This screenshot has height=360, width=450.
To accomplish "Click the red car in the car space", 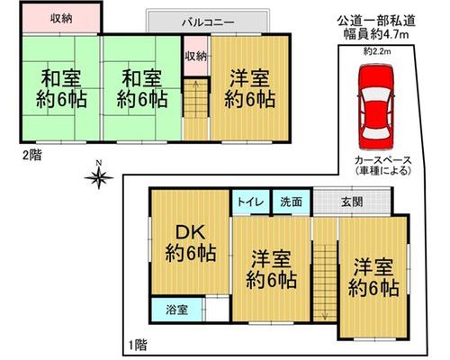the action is point(376,107).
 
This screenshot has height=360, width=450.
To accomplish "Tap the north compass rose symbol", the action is point(99,176).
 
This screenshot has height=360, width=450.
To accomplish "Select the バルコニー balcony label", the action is point(208,22).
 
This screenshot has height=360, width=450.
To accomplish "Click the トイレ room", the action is point(250,202).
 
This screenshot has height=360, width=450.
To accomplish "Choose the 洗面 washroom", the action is point(291,202).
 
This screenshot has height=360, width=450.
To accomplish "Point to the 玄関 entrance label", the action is point(352,202).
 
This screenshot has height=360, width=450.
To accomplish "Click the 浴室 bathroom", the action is point(177,310).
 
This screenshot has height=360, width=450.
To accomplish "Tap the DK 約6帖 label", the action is point(191,243).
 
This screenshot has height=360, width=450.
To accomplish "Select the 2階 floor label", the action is point(32,155).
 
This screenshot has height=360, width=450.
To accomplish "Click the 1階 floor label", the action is point(138,345).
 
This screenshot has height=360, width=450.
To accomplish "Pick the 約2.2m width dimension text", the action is point(377,51).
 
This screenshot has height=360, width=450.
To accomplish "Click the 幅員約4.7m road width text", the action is point(376,34).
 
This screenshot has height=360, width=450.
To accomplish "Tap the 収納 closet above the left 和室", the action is point(61,19).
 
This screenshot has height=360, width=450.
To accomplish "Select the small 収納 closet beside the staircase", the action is point(195,56).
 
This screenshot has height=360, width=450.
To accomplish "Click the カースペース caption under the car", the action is point(382,160).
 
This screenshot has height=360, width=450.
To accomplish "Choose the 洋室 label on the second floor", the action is point(249,78).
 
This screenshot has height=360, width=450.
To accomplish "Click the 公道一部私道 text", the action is point(376,21).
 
